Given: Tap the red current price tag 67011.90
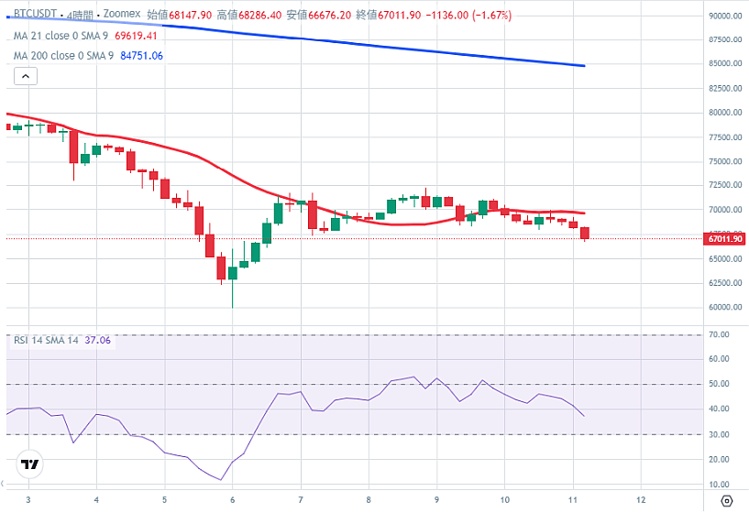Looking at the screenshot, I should point(723,239).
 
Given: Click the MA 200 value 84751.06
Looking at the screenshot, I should point(141,56).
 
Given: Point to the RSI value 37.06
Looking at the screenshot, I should point(97,340).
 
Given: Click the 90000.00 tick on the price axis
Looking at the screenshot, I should point(723,16).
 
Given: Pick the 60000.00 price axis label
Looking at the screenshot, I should point(723,308).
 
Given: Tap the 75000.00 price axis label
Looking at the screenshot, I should point(723,161).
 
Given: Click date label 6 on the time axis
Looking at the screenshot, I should point(233,500).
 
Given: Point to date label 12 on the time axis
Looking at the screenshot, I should point(640,500).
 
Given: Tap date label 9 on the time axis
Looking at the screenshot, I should point(436,500).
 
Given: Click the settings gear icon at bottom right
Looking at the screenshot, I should point(726,500).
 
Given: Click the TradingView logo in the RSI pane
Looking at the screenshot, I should point(29,464).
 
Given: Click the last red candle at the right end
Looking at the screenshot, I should point(585,234).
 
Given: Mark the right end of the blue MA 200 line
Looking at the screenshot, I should point(584,66).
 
